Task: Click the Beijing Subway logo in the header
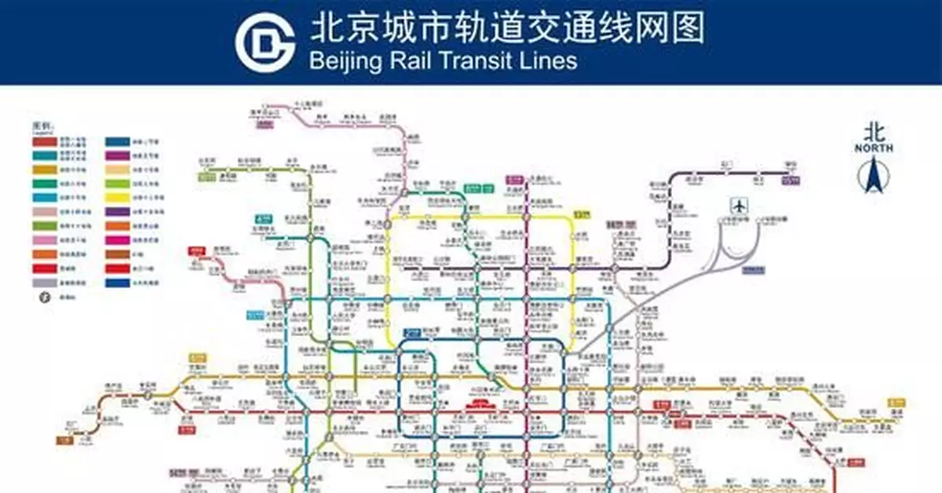[x=265, y=43]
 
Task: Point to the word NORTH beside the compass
[x=874, y=148]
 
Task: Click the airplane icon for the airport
[x=739, y=206]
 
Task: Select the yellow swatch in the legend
[x=121, y=199]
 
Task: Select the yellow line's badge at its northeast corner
[x=581, y=214]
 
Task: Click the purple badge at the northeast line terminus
[x=791, y=181]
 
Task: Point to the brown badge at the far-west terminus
[x=64, y=440]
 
